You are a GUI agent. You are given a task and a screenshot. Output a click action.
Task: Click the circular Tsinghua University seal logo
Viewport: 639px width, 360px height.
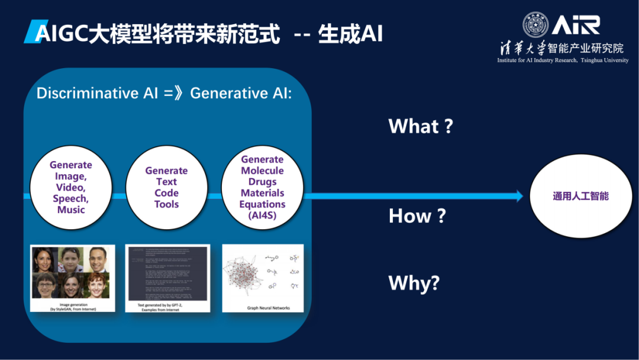(x=535, y=25)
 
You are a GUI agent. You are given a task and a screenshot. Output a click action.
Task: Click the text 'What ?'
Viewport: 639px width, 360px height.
(x=420, y=126)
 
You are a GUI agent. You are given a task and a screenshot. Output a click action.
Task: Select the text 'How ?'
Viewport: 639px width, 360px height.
(x=417, y=216)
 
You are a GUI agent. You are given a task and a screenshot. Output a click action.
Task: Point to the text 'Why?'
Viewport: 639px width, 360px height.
(x=414, y=282)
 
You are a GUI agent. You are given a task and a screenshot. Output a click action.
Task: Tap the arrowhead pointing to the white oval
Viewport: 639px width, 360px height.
(x=519, y=196)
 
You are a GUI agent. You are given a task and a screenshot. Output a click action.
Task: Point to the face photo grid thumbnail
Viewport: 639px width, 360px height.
(x=70, y=272)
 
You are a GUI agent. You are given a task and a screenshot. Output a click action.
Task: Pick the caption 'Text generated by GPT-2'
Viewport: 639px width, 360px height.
(x=167, y=307)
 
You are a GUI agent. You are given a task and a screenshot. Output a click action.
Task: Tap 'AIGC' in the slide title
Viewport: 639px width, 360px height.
(x=59, y=34)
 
